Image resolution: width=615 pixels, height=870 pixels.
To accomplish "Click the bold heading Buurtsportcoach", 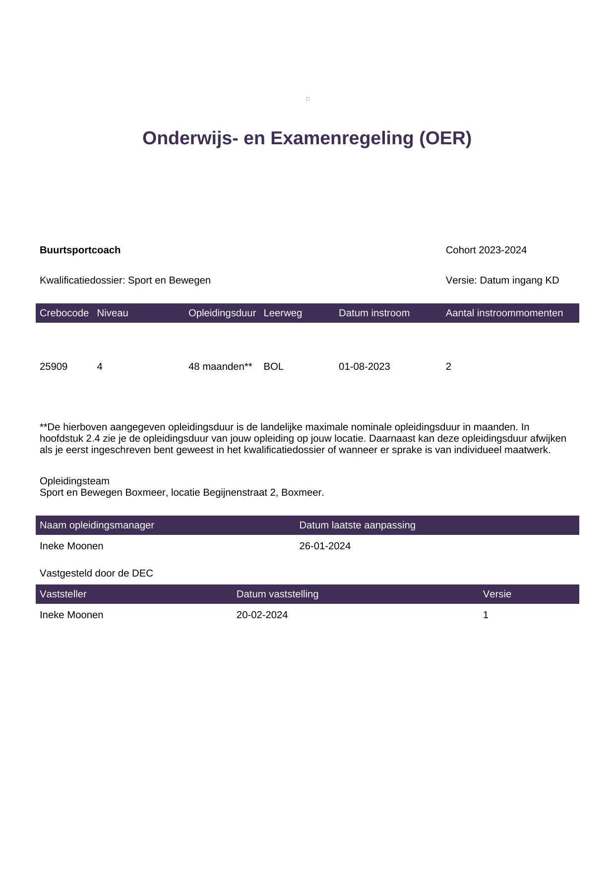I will click(x=80, y=250).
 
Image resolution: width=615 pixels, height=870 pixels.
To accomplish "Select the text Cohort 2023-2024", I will click(x=486, y=250).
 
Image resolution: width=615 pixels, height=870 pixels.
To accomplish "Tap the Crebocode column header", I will click(x=64, y=313).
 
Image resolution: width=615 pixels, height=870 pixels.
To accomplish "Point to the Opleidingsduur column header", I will click(x=222, y=313).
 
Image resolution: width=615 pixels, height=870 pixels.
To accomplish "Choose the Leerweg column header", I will click(x=283, y=313).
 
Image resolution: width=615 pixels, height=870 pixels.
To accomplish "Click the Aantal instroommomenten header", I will click(x=504, y=313).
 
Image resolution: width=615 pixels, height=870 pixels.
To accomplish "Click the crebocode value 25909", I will click(x=54, y=366).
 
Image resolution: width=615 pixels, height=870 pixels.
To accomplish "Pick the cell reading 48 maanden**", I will click(x=220, y=366).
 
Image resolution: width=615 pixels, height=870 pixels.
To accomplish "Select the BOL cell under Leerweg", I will click(x=273, y=366).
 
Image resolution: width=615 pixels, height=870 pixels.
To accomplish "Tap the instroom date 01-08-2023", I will click(x=364, y=366).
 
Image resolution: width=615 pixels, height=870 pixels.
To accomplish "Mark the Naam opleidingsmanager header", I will click(x=97, y=525).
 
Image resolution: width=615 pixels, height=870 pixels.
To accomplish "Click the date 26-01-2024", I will click(x=325, y=546).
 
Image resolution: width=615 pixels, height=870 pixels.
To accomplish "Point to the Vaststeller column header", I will click(x=63, y=594).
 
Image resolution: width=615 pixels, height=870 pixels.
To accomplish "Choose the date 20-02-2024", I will click(x=262, y=615).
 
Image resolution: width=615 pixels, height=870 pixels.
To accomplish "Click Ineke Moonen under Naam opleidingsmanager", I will click(x=71, y=546).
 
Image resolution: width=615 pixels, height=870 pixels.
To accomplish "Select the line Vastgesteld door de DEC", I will click(x=96, y=573).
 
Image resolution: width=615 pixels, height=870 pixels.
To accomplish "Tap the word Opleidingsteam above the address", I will click(x=74, y=481).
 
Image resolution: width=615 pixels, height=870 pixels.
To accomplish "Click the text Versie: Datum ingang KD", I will click(x=502, y=280).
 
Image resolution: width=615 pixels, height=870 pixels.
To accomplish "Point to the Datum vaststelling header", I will click(x=277, y=594).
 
